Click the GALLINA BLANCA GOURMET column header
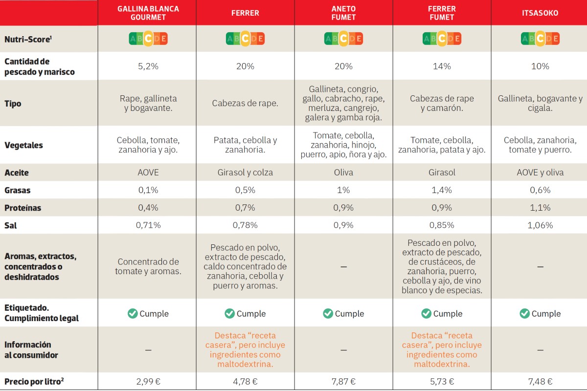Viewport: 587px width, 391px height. click(147, 13)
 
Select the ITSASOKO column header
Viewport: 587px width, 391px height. click(540, 13)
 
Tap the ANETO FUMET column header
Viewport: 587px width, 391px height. click(343, 13)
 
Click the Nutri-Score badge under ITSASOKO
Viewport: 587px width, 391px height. click(540, 39)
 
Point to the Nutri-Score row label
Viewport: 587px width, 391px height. click(27, 39)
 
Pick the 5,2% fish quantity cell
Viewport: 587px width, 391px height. click(147, 66)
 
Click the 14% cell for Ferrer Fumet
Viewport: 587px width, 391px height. click(442, 66)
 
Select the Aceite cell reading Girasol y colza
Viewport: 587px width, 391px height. click(245, 173)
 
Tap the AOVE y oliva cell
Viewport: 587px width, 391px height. click(540, 173)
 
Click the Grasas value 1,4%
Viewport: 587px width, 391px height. click(442, 190)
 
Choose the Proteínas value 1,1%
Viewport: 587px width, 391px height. click(540, 208)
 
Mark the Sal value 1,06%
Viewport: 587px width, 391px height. click(540, 225)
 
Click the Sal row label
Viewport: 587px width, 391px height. click(11, 225)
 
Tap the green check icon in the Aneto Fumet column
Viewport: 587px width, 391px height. click(328, 313)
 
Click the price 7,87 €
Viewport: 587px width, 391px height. click(343, 382)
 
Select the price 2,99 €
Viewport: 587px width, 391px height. click(147, 382)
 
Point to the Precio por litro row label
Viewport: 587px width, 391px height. click(34, 382)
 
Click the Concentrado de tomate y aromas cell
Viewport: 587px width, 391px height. click(147, 266)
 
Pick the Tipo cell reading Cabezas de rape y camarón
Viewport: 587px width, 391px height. click(442, 104)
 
